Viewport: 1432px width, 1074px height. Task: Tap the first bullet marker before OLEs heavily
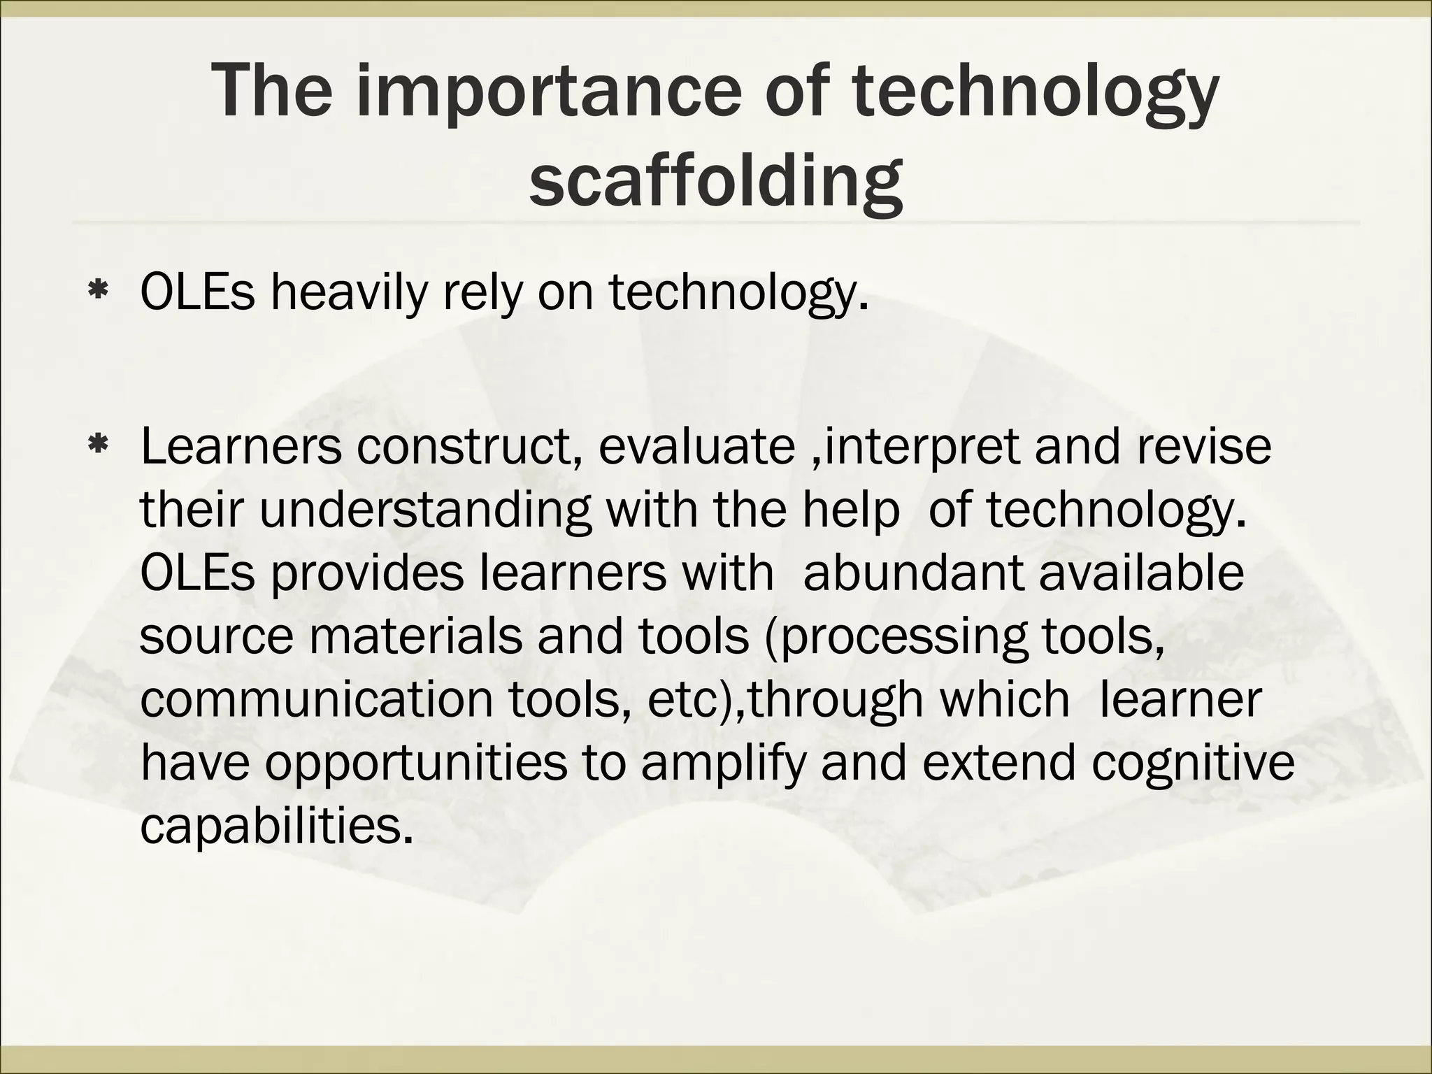tap(98, 292)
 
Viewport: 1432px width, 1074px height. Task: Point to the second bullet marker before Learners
tap(98, 443)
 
